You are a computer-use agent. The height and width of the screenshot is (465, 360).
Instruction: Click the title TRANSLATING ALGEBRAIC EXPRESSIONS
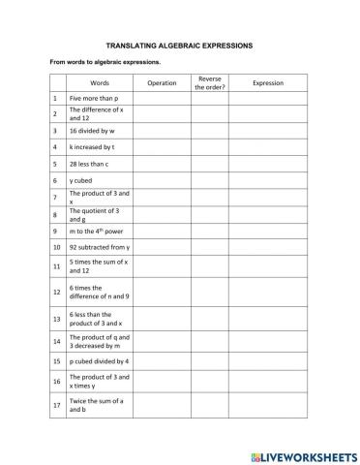[x=180, y=45]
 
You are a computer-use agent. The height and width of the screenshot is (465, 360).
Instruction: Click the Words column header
[x=101, y=83]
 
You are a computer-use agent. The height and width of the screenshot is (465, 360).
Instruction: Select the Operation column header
[x=162, y=83]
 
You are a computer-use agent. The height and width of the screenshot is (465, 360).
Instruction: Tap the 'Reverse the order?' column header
[x=209, y=83]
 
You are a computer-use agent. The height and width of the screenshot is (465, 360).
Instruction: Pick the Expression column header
[x=267, y=83]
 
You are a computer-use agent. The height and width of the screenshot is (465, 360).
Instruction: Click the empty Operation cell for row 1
[x=162, y=99]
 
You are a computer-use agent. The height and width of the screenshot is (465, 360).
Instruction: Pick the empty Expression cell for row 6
[x=267, y=180]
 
